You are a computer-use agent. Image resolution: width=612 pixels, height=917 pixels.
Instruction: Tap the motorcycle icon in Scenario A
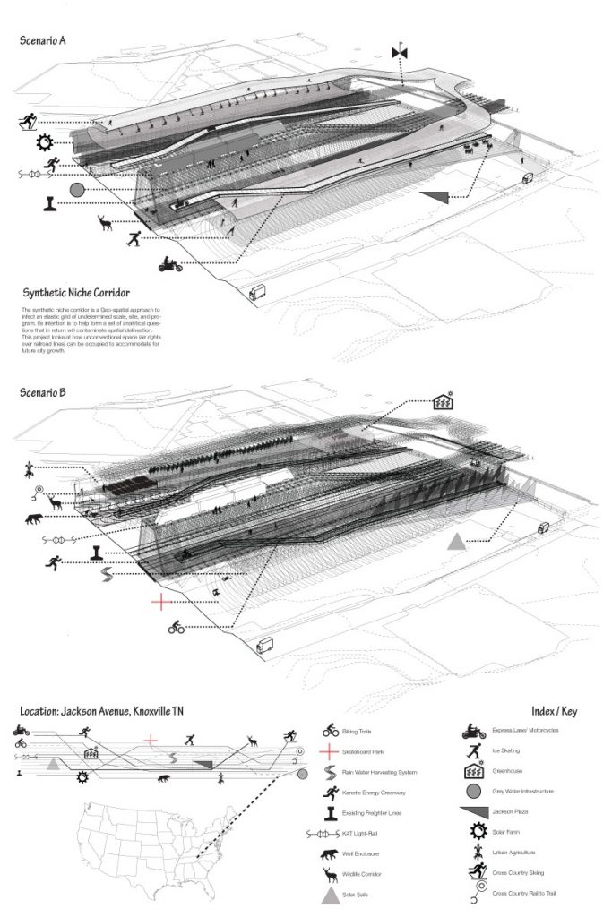(168, 264)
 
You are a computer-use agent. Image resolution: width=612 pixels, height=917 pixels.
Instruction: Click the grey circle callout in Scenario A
(77, 190)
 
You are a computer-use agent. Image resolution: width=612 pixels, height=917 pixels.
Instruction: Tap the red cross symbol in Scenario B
(160, 601)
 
